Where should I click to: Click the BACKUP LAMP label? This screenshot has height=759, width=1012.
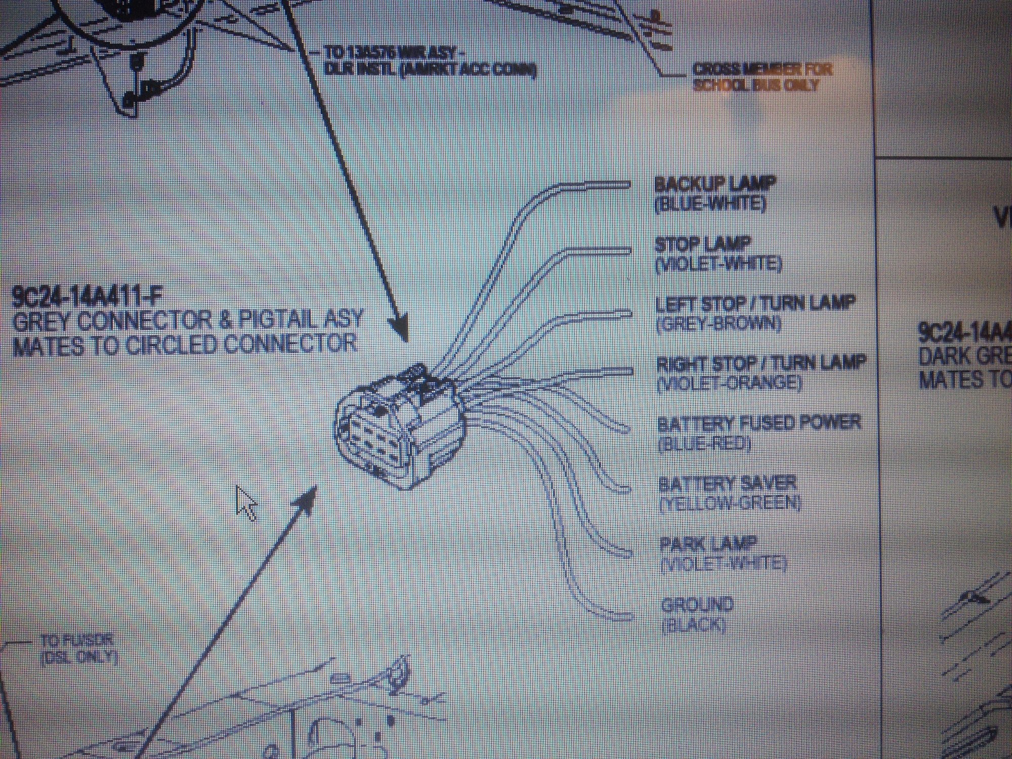point(714,184)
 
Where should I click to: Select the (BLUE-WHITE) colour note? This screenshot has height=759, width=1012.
point(710,204)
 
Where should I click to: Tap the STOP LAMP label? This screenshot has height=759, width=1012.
point(702,244)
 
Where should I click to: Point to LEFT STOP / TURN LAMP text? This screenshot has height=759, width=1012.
point(755,304)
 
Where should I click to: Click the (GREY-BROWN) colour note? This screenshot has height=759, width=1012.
point(718,324)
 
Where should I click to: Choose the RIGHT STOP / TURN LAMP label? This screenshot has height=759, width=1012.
point(761,363)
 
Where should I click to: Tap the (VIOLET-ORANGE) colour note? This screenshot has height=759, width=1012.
point(730,384)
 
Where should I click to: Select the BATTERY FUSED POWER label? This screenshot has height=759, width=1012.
point(758,423)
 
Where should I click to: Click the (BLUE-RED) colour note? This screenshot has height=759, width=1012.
point(704,444)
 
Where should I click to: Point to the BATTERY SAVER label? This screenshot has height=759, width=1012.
point(727,484)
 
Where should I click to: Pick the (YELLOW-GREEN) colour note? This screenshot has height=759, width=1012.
point(730,503)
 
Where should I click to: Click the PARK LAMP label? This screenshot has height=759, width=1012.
point(708,544)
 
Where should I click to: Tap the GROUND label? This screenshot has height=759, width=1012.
point(697,604)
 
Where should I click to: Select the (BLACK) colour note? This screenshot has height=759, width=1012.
point(693,625)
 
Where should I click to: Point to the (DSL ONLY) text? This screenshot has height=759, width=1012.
point(79,657)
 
